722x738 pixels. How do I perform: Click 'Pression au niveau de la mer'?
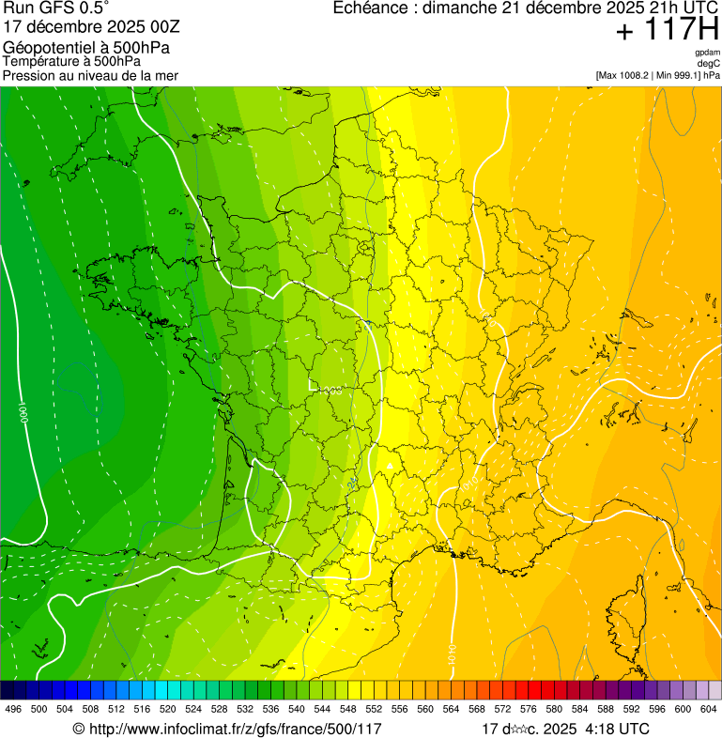(90, 75)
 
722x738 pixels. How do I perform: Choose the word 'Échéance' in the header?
(375, 8)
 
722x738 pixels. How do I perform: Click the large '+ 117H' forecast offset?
(667, 30)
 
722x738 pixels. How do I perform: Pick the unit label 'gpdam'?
(707, 53)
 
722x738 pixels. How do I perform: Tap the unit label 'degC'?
(709, 64)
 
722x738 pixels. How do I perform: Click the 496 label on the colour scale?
(13, 709)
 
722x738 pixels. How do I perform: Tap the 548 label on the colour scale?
(348, 709)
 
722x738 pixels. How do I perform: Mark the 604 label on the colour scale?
(709, 709)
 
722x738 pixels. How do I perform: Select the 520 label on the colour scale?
(168, 709)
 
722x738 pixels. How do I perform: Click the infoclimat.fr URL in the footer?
(236, 729)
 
